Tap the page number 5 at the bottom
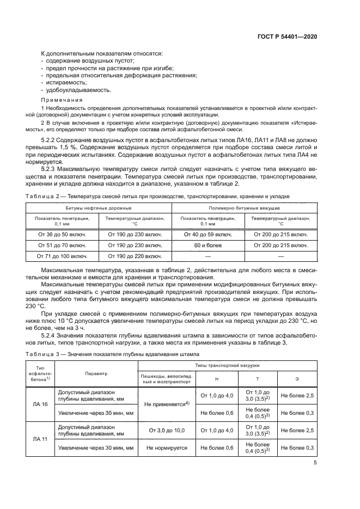(x=315, y=463)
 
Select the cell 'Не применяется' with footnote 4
(x=166, y=404)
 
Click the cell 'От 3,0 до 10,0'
(x=166, y=431)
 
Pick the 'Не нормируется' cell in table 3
(x=166, y=447)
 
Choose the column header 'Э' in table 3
(x=297, y=378)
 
